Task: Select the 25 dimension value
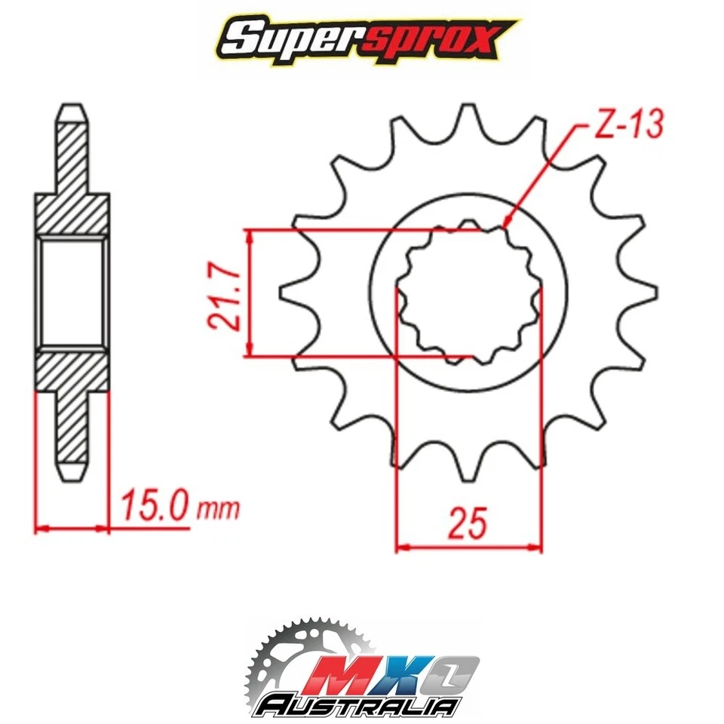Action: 467,523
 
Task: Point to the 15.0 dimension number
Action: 150,507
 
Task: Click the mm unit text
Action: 218,509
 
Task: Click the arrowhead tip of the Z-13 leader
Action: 505,224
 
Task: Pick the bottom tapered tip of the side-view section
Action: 71,472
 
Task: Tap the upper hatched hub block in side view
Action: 72,214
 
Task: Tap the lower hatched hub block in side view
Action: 72,369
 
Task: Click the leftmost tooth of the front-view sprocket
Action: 290,292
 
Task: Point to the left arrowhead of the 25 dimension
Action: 400,547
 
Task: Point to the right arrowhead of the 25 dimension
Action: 538,547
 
